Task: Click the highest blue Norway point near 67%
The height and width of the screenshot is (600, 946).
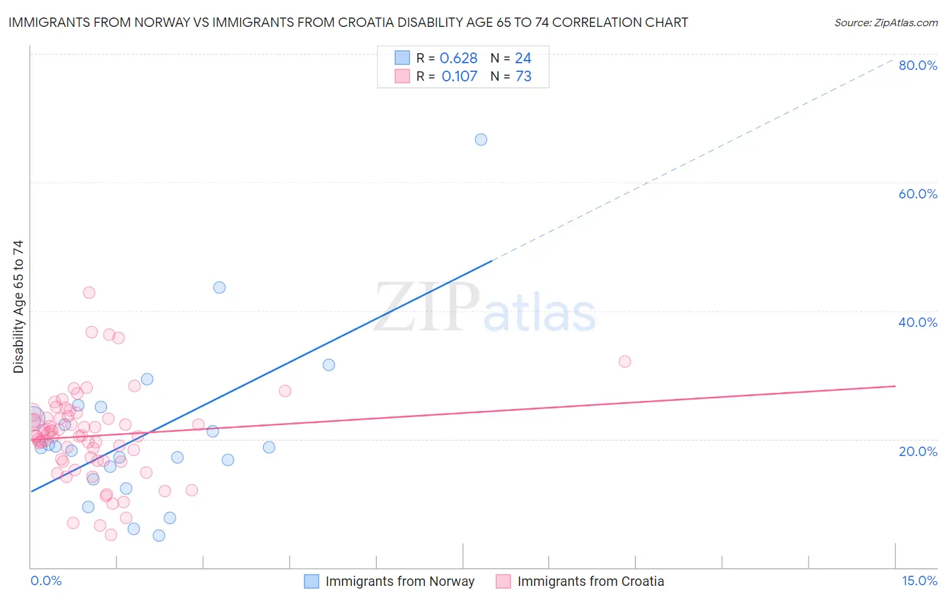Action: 481,140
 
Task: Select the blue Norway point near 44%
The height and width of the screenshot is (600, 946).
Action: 219,288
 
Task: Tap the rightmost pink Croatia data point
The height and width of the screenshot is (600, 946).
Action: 625,362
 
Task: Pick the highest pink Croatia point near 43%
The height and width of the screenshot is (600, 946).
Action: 89,293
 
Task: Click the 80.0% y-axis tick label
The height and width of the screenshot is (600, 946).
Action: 918,65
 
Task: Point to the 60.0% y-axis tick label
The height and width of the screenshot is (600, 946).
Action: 918,194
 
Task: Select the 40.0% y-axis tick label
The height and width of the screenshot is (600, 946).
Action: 918,322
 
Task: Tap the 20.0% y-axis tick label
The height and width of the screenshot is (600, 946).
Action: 918,451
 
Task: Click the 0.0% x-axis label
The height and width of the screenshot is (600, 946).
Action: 46,581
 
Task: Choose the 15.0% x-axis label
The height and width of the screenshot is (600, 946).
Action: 919,581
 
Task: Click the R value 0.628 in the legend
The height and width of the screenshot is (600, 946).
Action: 458,59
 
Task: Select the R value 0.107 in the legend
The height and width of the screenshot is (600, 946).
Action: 459,77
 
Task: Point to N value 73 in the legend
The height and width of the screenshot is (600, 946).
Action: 523,77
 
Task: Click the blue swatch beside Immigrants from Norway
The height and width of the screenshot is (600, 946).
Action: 312,582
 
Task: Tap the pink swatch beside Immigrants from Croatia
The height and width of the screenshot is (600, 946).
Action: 503,582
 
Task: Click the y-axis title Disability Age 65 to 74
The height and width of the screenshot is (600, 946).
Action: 18,306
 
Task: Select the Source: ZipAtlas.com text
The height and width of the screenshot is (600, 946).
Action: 885,23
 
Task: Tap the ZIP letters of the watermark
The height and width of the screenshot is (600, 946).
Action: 427,308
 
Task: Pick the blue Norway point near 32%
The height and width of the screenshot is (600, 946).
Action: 329,365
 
